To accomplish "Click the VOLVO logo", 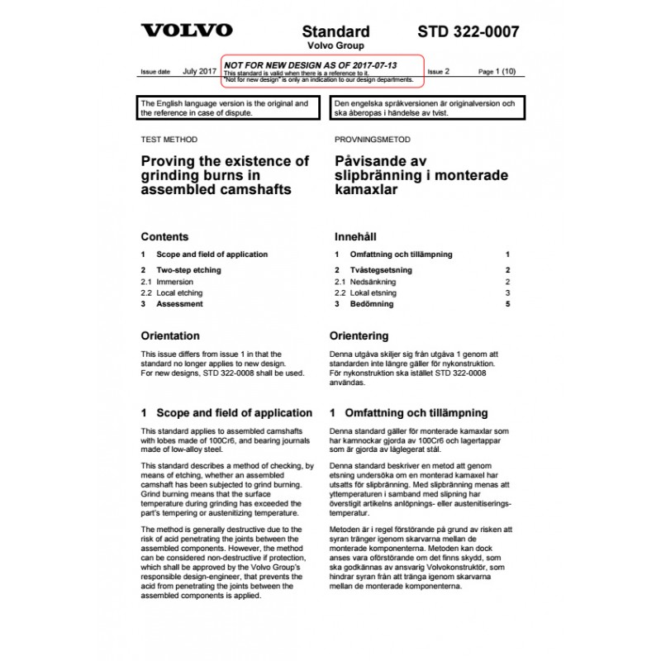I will [x=186, y=31].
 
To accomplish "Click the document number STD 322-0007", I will [x=468, y=32].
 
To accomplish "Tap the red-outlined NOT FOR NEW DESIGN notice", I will [x=323, y=70].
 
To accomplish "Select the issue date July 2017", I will [x=198, y=72].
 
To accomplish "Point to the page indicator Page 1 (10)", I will [x=497, y=72].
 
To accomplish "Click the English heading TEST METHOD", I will [x=169, y=140].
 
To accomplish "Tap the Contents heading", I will [x=164, y=236].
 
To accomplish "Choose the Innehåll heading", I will [x=357, y=236].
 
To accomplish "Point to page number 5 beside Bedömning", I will [x=508, y=304].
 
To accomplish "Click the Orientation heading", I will [x=170, y=336].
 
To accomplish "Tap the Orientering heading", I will [x=359, y=336].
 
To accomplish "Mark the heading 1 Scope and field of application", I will [x=226, y=412].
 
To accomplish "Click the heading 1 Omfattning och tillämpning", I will [x=409, y=412].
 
